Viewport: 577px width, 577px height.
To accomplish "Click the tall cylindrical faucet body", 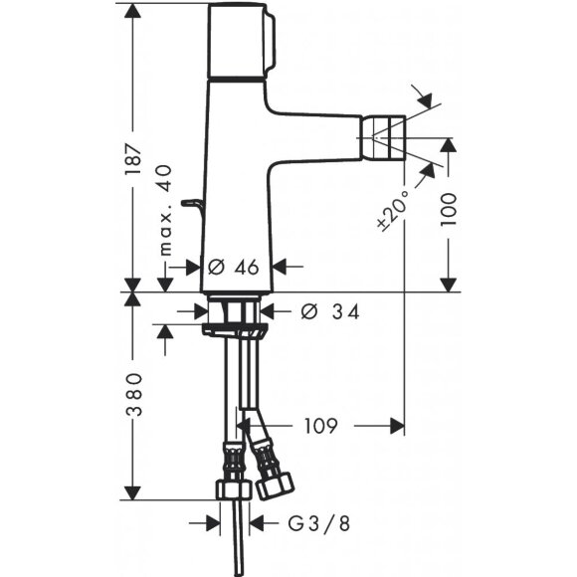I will pyautogui.click(x=236, y=179).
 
